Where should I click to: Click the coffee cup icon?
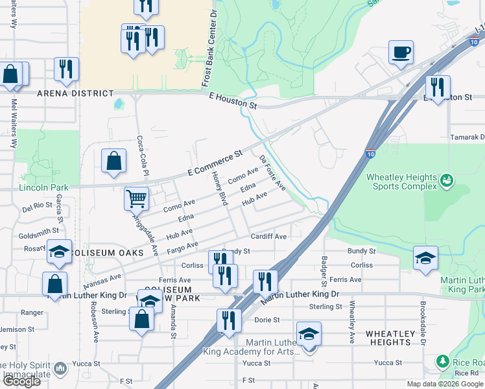(x=401, y=52)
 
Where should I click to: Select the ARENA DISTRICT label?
(x=75, y=93)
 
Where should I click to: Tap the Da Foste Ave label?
(x=272, y=172)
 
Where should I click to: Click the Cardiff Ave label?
(x=268, y=237)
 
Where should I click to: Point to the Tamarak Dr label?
(x=467, y=137)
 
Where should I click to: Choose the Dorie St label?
(x=266, y=320)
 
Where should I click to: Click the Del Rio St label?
(x=36, y=208)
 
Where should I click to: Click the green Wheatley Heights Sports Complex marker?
(x=446, y=180)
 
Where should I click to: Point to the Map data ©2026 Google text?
(x=444, y=384)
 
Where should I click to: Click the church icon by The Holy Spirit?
(x=60, y=368)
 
